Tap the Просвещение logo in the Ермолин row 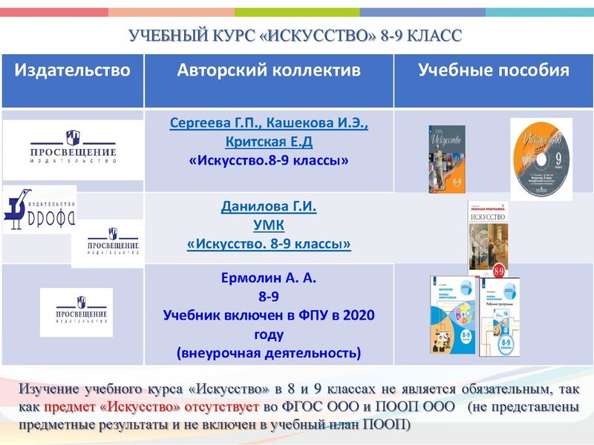[x=76, y=312]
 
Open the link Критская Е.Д [x=269, y=141]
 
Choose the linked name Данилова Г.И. [x=269, y=207]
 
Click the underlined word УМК [x=269, y=225]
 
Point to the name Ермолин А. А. [x=269, y=279]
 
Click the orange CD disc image [x=541, y=159]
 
